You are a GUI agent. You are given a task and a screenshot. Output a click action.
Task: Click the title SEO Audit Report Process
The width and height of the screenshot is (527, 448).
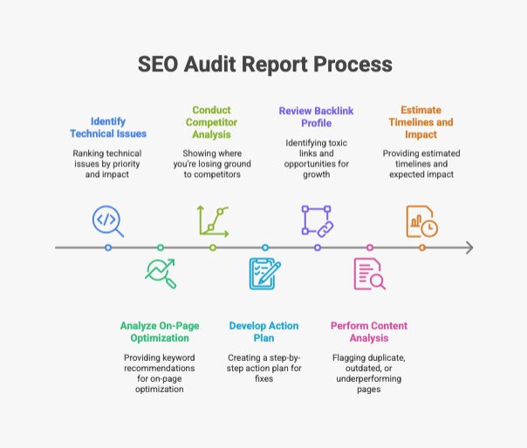pyautogui.click(x=265, y=64)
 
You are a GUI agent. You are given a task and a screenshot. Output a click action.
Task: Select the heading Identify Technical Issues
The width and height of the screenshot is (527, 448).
pyautogui.click(x=108, y=127)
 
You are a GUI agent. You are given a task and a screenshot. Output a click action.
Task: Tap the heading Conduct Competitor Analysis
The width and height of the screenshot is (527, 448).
pyautogui.click(x=212, y=122)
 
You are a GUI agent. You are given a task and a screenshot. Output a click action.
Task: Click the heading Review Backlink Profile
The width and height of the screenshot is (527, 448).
pyautogui.click(x=316, y=117)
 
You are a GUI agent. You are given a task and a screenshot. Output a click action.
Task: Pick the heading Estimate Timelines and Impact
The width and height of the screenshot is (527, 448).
pyautogui.click(x=421, y=122)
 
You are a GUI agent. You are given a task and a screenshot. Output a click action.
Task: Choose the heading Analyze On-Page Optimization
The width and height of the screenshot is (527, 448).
pyautogui.click(x=160, y=331)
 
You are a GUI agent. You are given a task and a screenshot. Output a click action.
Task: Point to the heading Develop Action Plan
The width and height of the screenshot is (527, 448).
pyautogui.click(x=263, y=331)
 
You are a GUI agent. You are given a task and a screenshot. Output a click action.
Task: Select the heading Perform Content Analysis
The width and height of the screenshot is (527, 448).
pyautogui.click(x=369, y=331)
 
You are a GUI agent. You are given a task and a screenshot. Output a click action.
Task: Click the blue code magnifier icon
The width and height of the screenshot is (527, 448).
pyautogui.click(x=108, y=221)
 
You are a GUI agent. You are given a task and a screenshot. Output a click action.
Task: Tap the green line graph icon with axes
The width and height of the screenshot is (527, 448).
pyautogui.click(x=213, y=221)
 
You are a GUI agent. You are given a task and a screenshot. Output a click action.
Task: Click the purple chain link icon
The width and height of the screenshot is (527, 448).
pyautogui.click(x=318, y=221)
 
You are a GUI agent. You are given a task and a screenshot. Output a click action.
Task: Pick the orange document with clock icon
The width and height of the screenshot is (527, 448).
pyautogui.click(x=422, y=221)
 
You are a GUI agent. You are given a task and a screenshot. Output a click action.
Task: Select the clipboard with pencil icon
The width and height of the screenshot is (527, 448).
pyautogui.click(x=265, y=274)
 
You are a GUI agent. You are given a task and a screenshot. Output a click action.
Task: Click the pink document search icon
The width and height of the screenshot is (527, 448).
pyautogui.click(x=370, y=274)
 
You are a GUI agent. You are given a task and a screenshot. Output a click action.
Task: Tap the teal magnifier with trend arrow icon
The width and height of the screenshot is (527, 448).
pyautogui.click(x=161, y=274)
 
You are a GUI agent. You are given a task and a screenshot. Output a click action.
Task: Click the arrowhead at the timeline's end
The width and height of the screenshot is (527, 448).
pyautogui.click(x=470, y=248)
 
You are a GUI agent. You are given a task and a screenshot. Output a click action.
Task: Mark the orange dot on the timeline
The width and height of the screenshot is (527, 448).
pyautogui.click(x=422, y=248)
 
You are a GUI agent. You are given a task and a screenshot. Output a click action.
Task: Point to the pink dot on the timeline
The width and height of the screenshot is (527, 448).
pyautogui.click(x=370, y=248)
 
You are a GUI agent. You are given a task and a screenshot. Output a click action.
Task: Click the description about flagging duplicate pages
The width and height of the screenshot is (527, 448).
pyautogui.click(x=369, y=373)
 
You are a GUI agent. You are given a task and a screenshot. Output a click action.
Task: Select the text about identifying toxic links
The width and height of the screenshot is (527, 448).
pyautogui.click(x=316, y=159)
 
